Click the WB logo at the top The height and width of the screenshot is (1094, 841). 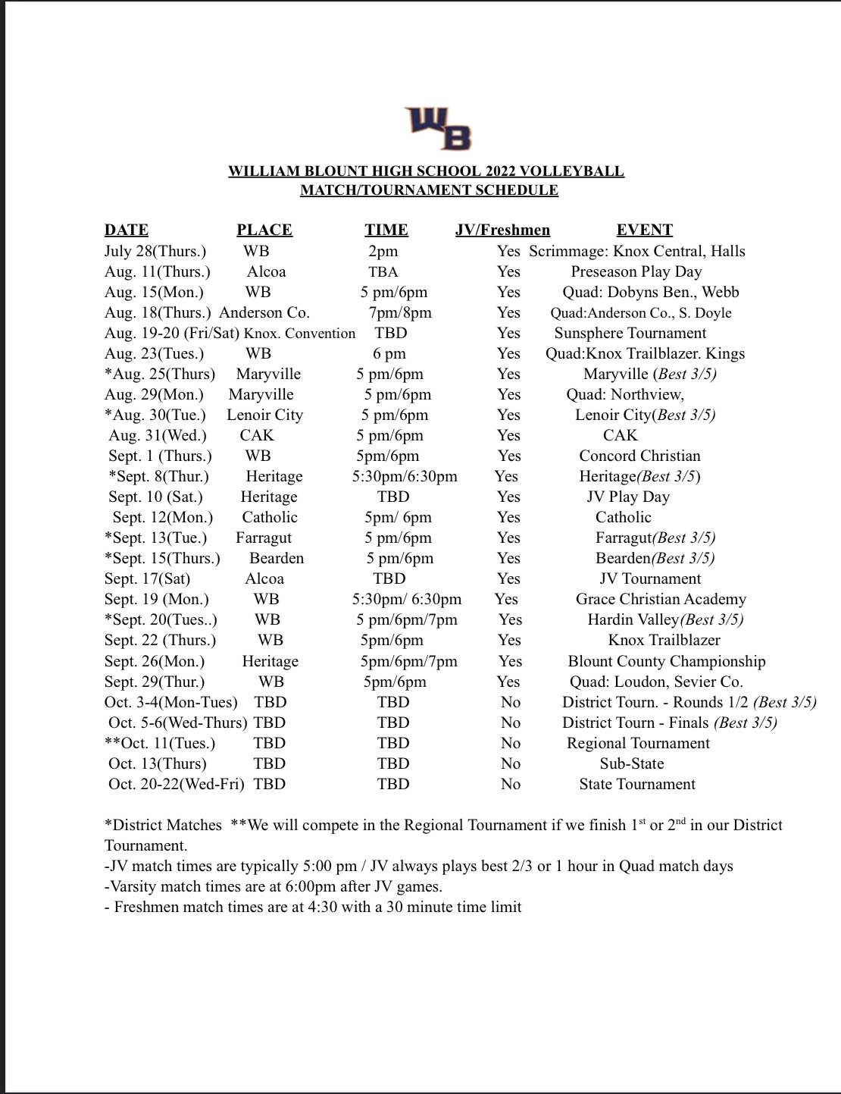pos(439,128)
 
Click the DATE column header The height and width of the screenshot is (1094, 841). pos(127,230)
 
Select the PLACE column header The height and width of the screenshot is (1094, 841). pos(264,230)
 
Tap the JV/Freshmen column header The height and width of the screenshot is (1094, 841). pos(502,230)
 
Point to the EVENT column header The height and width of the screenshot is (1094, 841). pos(644,230)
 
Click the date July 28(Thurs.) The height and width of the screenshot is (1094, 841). pos(155,251)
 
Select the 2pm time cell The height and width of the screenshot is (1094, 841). pos(383,251)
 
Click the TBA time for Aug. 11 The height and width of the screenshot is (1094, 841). pos(383,271)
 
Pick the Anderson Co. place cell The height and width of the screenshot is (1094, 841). pos(264,312)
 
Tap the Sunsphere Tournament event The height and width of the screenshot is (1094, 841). pos(630,333)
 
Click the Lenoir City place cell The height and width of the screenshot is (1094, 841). pos(264,415)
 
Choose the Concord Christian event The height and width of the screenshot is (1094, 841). pos(639,456)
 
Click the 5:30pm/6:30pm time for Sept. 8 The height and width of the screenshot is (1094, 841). pos(405,476)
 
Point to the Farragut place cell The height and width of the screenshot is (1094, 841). pos(264,538)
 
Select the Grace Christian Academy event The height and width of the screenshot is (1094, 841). pos(661,599)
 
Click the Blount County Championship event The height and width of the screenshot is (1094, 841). pos(667,661)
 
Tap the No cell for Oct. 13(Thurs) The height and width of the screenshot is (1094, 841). pos(511,763)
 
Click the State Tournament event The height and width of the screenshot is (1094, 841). pos(637,784)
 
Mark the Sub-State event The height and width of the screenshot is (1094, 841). pos(632,763)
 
